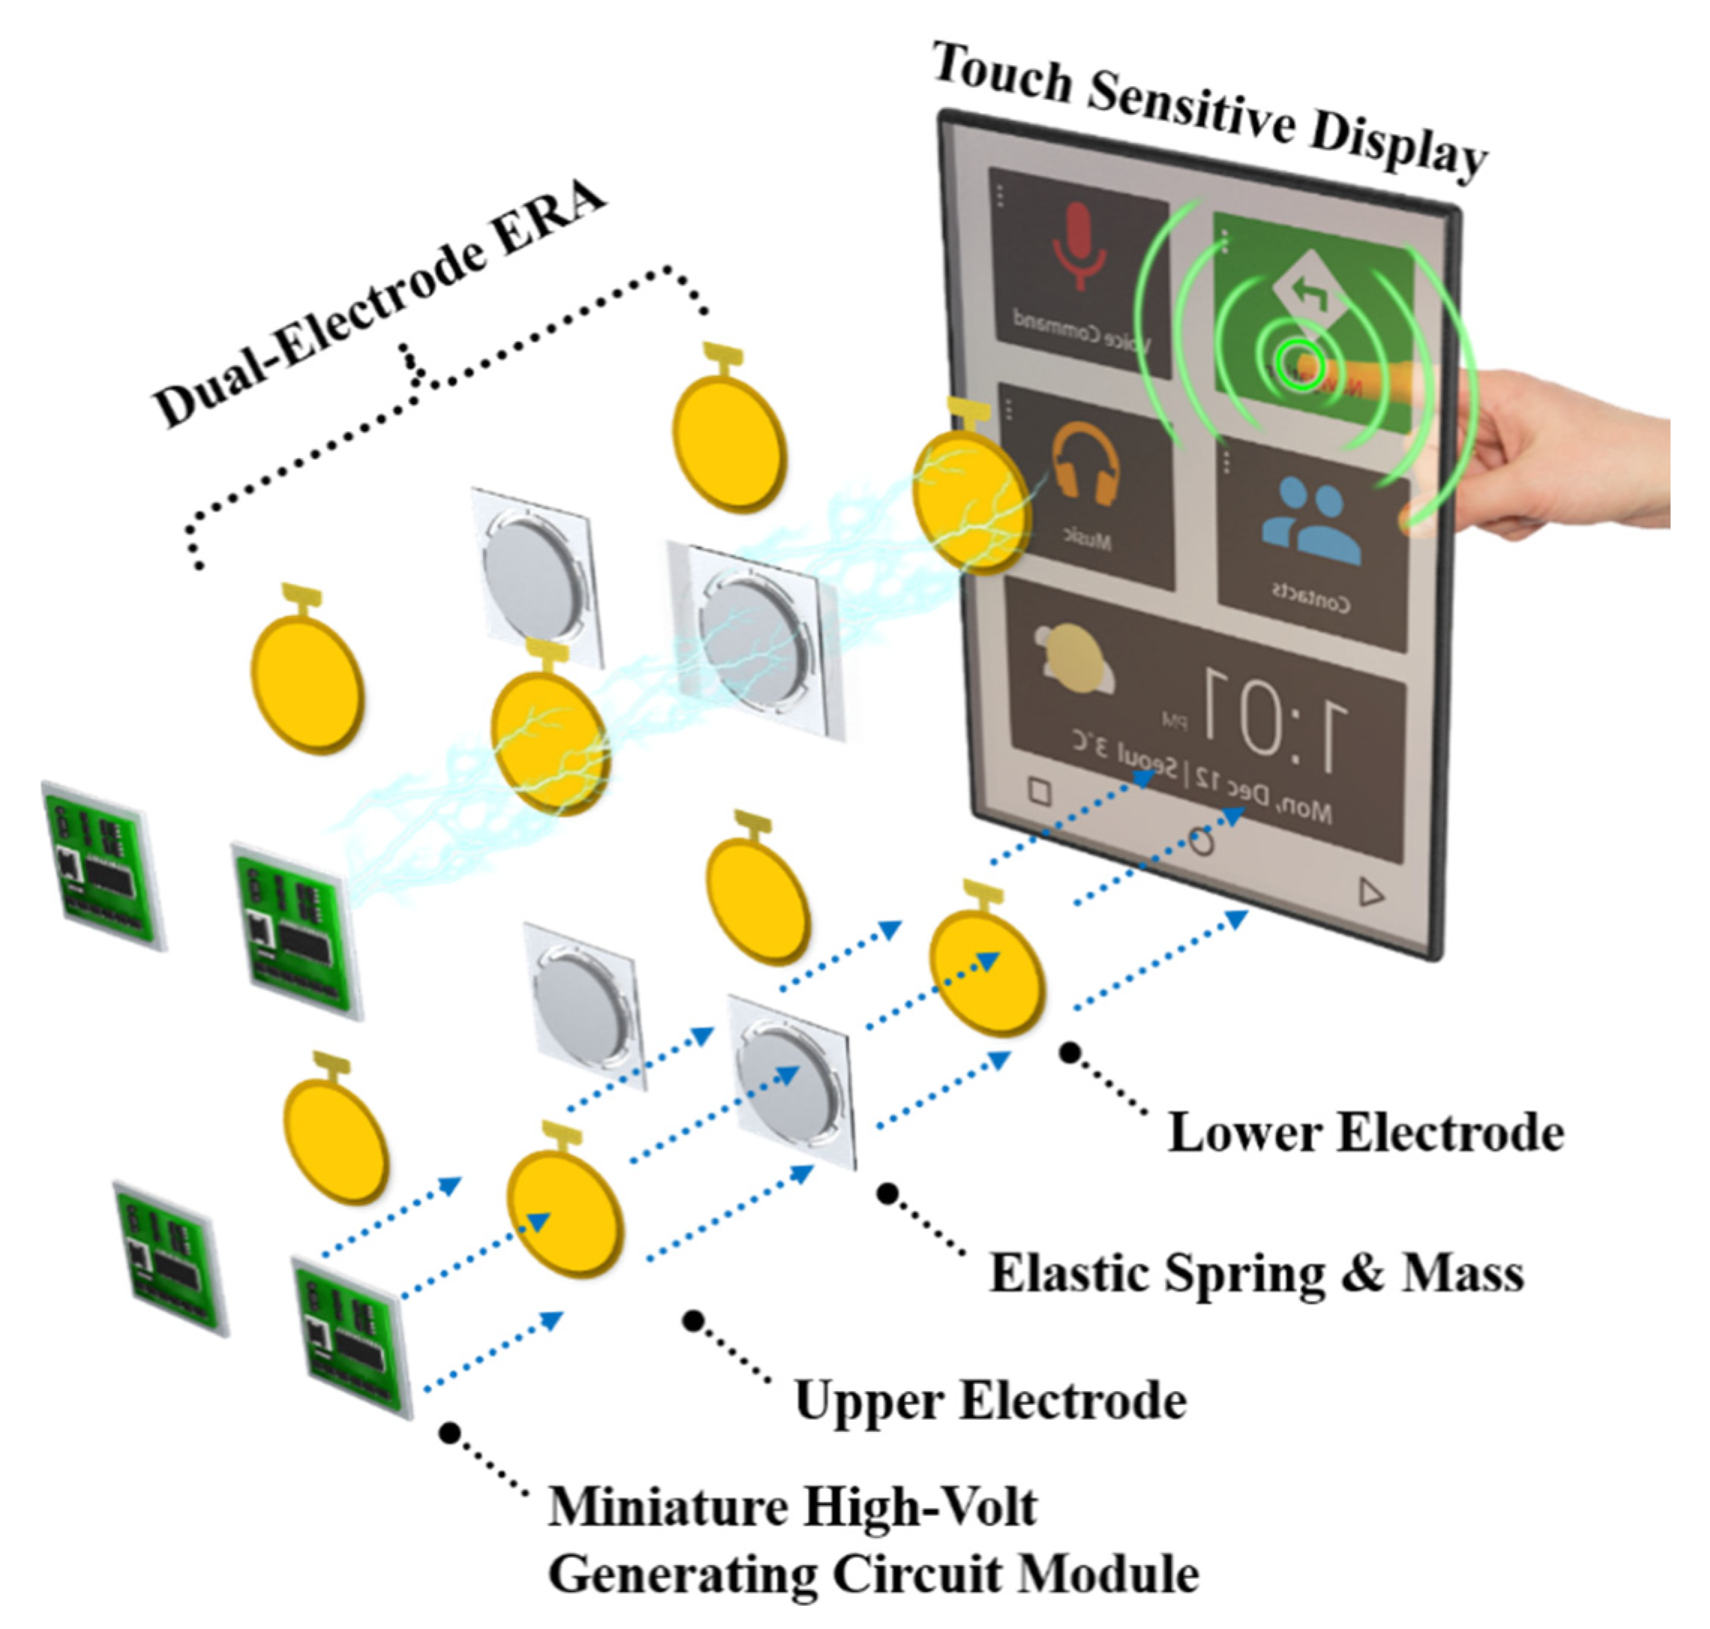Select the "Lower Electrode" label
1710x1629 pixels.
1364,1133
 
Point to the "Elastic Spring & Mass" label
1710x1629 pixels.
1256,1274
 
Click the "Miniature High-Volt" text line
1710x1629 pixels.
792,1507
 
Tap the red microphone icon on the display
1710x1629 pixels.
1079,247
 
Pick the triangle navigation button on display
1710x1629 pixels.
1370,892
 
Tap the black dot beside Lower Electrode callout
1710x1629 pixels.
1070,1053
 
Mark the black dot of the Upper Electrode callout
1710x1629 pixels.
692,1321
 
